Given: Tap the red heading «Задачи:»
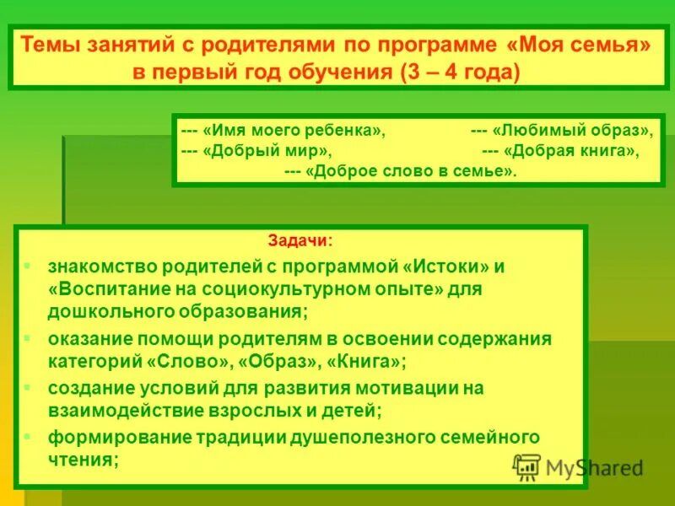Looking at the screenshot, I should point(300,240).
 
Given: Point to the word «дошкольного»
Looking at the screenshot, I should point(105,311).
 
